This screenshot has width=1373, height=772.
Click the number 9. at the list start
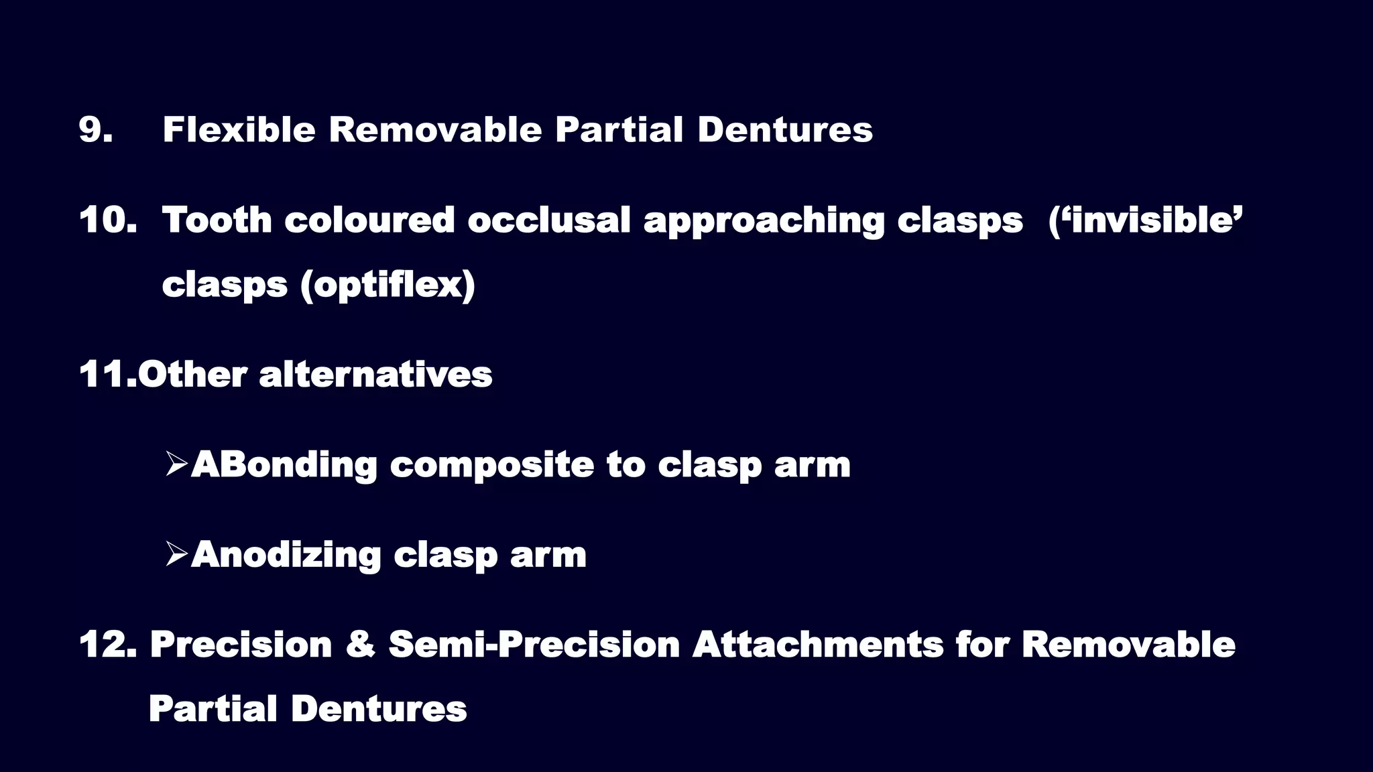coord(95,129)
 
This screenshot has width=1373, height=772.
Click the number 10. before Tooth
coord(108,220)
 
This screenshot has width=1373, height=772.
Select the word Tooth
coord(217,220)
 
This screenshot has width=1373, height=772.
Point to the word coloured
coord(369,220)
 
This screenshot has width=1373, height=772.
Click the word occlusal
coord(549,220)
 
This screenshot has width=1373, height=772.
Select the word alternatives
coord(375,374)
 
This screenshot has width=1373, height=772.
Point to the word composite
coord(491,465)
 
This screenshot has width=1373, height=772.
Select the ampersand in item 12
coord(360,645)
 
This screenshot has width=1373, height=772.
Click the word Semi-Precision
coord(534,645)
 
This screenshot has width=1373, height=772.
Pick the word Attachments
coord(818,645)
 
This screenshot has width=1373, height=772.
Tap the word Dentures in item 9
coord(785,129)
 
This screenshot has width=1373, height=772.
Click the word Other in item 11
coord(192,374)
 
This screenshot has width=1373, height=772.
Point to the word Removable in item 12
coord(1128,645)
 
